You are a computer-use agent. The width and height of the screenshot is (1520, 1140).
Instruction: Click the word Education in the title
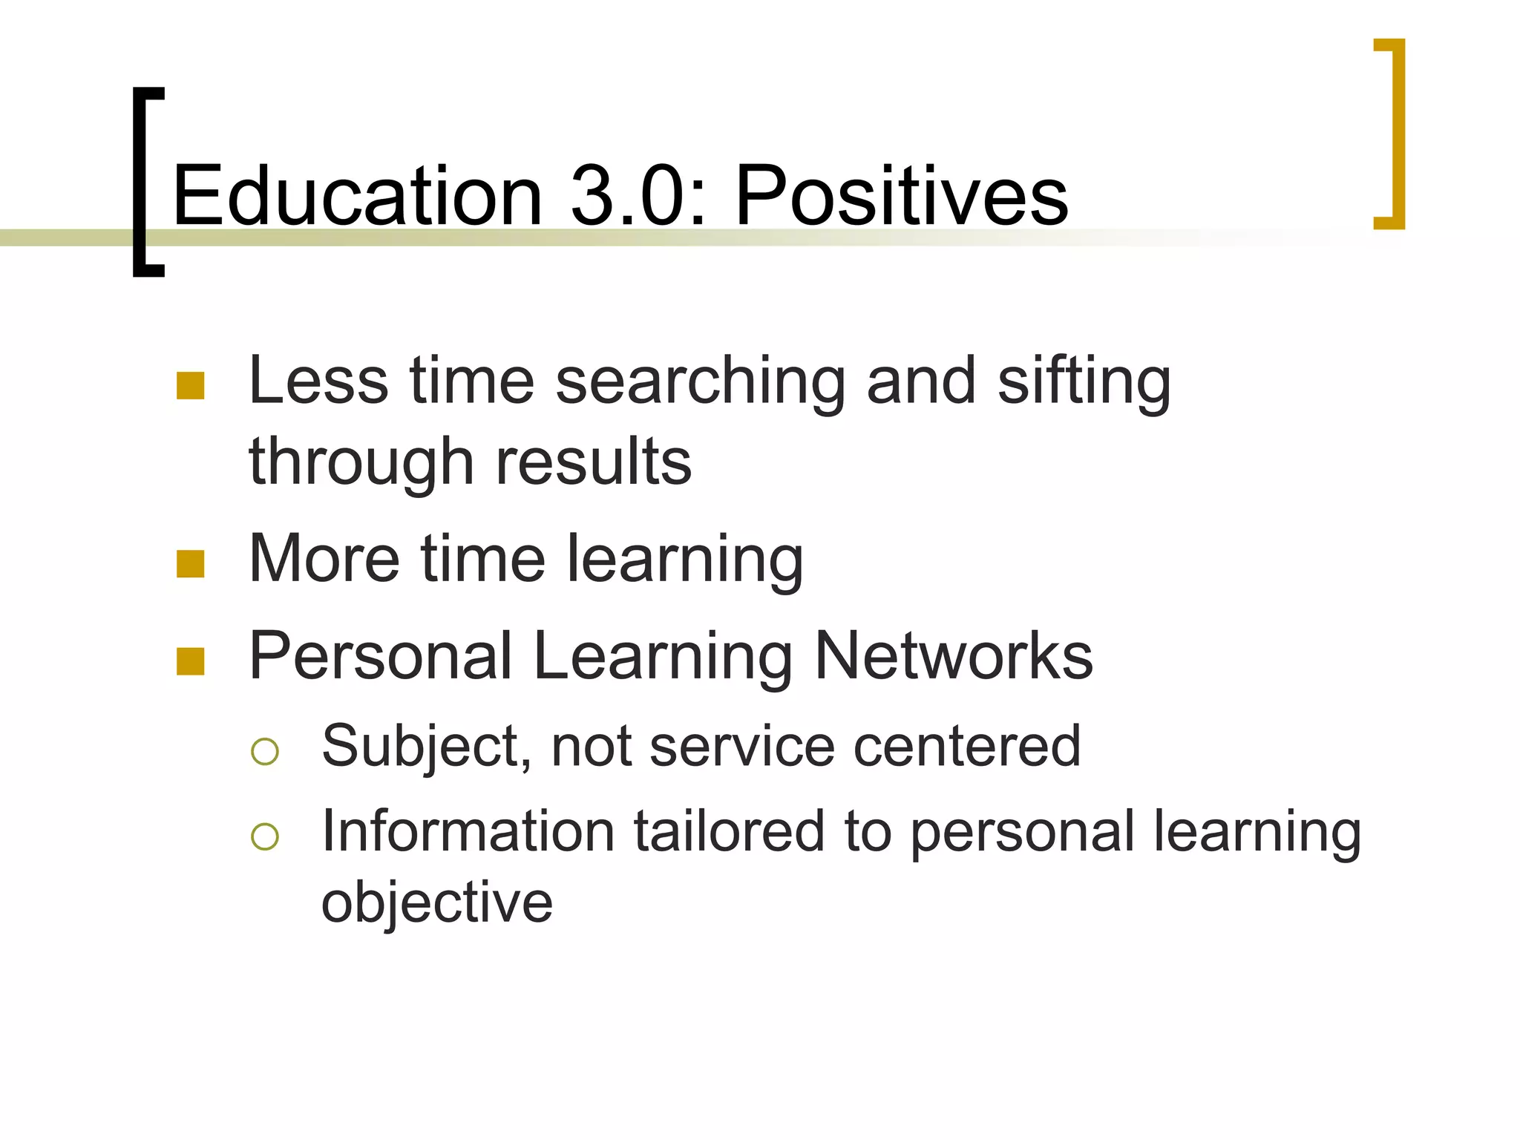358,196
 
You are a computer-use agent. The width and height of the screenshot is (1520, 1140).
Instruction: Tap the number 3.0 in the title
635,196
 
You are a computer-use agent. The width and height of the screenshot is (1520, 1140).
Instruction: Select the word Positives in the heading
901,196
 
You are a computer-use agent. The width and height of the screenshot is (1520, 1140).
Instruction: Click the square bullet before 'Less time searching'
191,386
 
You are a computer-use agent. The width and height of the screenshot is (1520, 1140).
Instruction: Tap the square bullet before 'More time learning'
191,564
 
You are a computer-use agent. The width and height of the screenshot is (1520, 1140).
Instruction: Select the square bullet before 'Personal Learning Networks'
191,661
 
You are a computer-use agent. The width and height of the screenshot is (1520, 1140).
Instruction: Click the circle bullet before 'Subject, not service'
265,751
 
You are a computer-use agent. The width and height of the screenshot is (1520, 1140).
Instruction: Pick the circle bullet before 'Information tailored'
265,836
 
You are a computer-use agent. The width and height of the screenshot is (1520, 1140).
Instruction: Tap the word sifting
1084,383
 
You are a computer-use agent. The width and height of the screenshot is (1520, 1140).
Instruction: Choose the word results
593,462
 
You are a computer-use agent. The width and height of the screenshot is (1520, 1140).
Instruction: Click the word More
324,559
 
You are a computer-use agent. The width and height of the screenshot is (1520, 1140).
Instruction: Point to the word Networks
953,656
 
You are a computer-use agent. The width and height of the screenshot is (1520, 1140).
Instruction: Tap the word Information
468,832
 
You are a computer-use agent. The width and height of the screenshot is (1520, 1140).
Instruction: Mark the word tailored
729,832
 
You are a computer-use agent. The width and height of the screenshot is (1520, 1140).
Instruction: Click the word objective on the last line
437,903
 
